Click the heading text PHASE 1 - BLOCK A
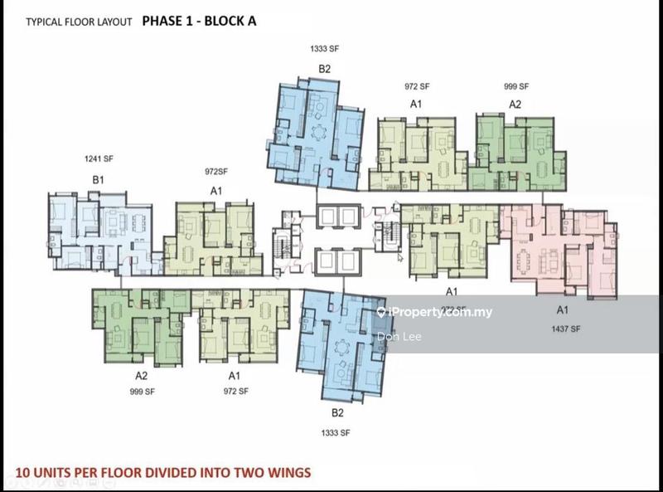click(199, 21)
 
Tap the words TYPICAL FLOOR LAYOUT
click(79, 22)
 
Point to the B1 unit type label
click(98, 179)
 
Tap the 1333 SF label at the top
click(324, 49)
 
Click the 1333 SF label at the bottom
click(335, 433)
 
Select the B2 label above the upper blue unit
click(325, 69)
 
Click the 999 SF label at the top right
click(515, 86)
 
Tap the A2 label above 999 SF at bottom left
click(141, 375)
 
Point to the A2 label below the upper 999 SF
click(515, 105)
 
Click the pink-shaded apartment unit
click(547, 249)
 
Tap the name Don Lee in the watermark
click(394, 336)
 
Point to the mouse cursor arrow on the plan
click(399, 257)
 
